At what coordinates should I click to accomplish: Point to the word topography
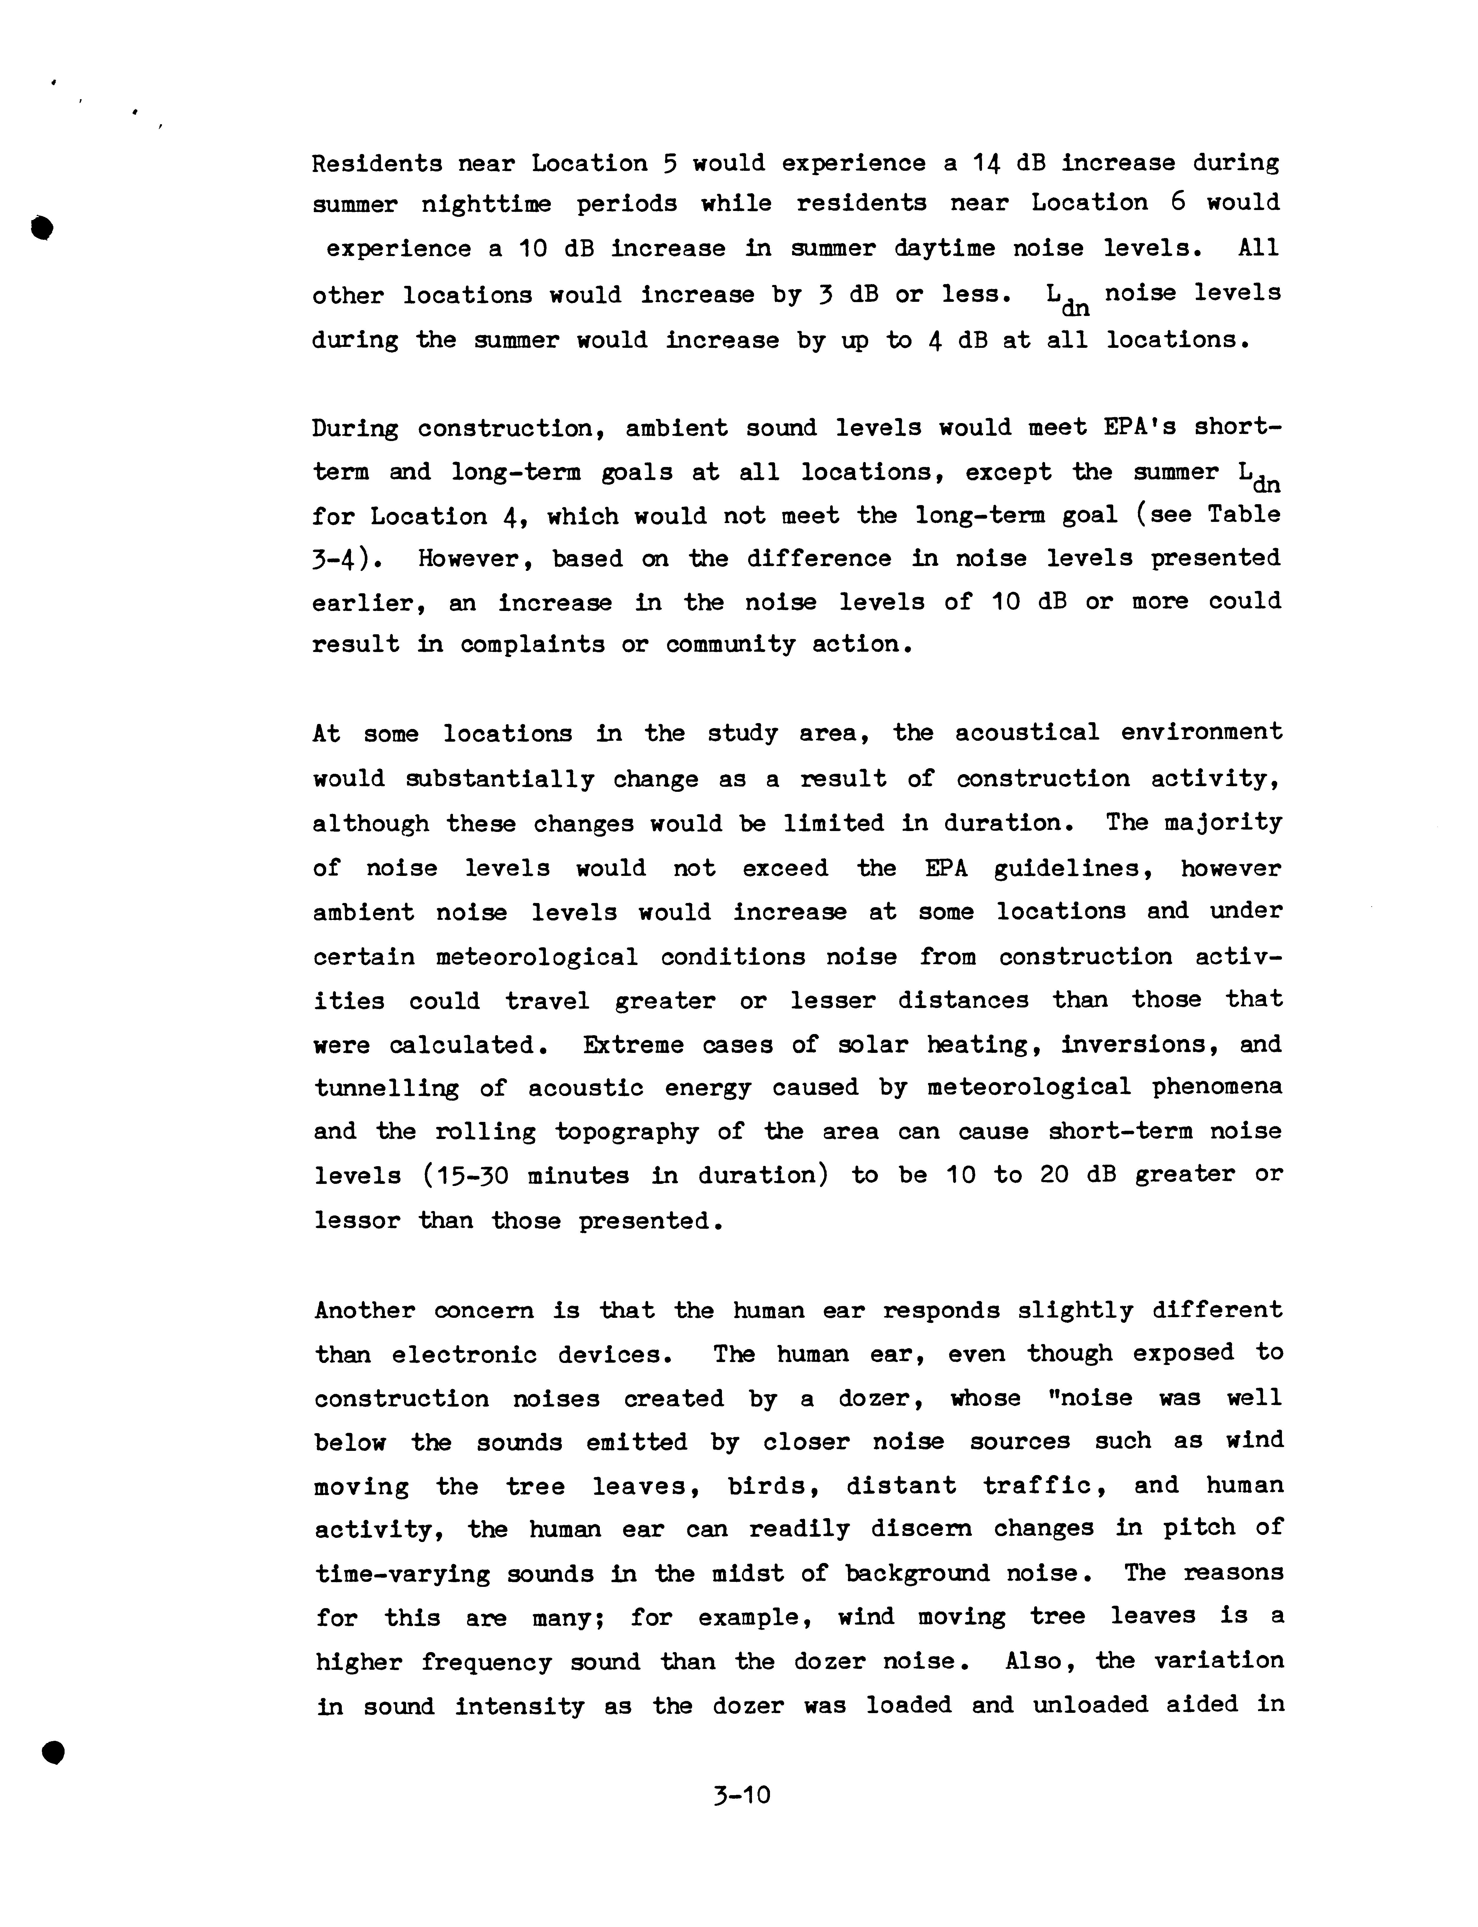626,1133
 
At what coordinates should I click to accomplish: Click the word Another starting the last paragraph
364,1310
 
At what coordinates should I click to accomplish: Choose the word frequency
486,1662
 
